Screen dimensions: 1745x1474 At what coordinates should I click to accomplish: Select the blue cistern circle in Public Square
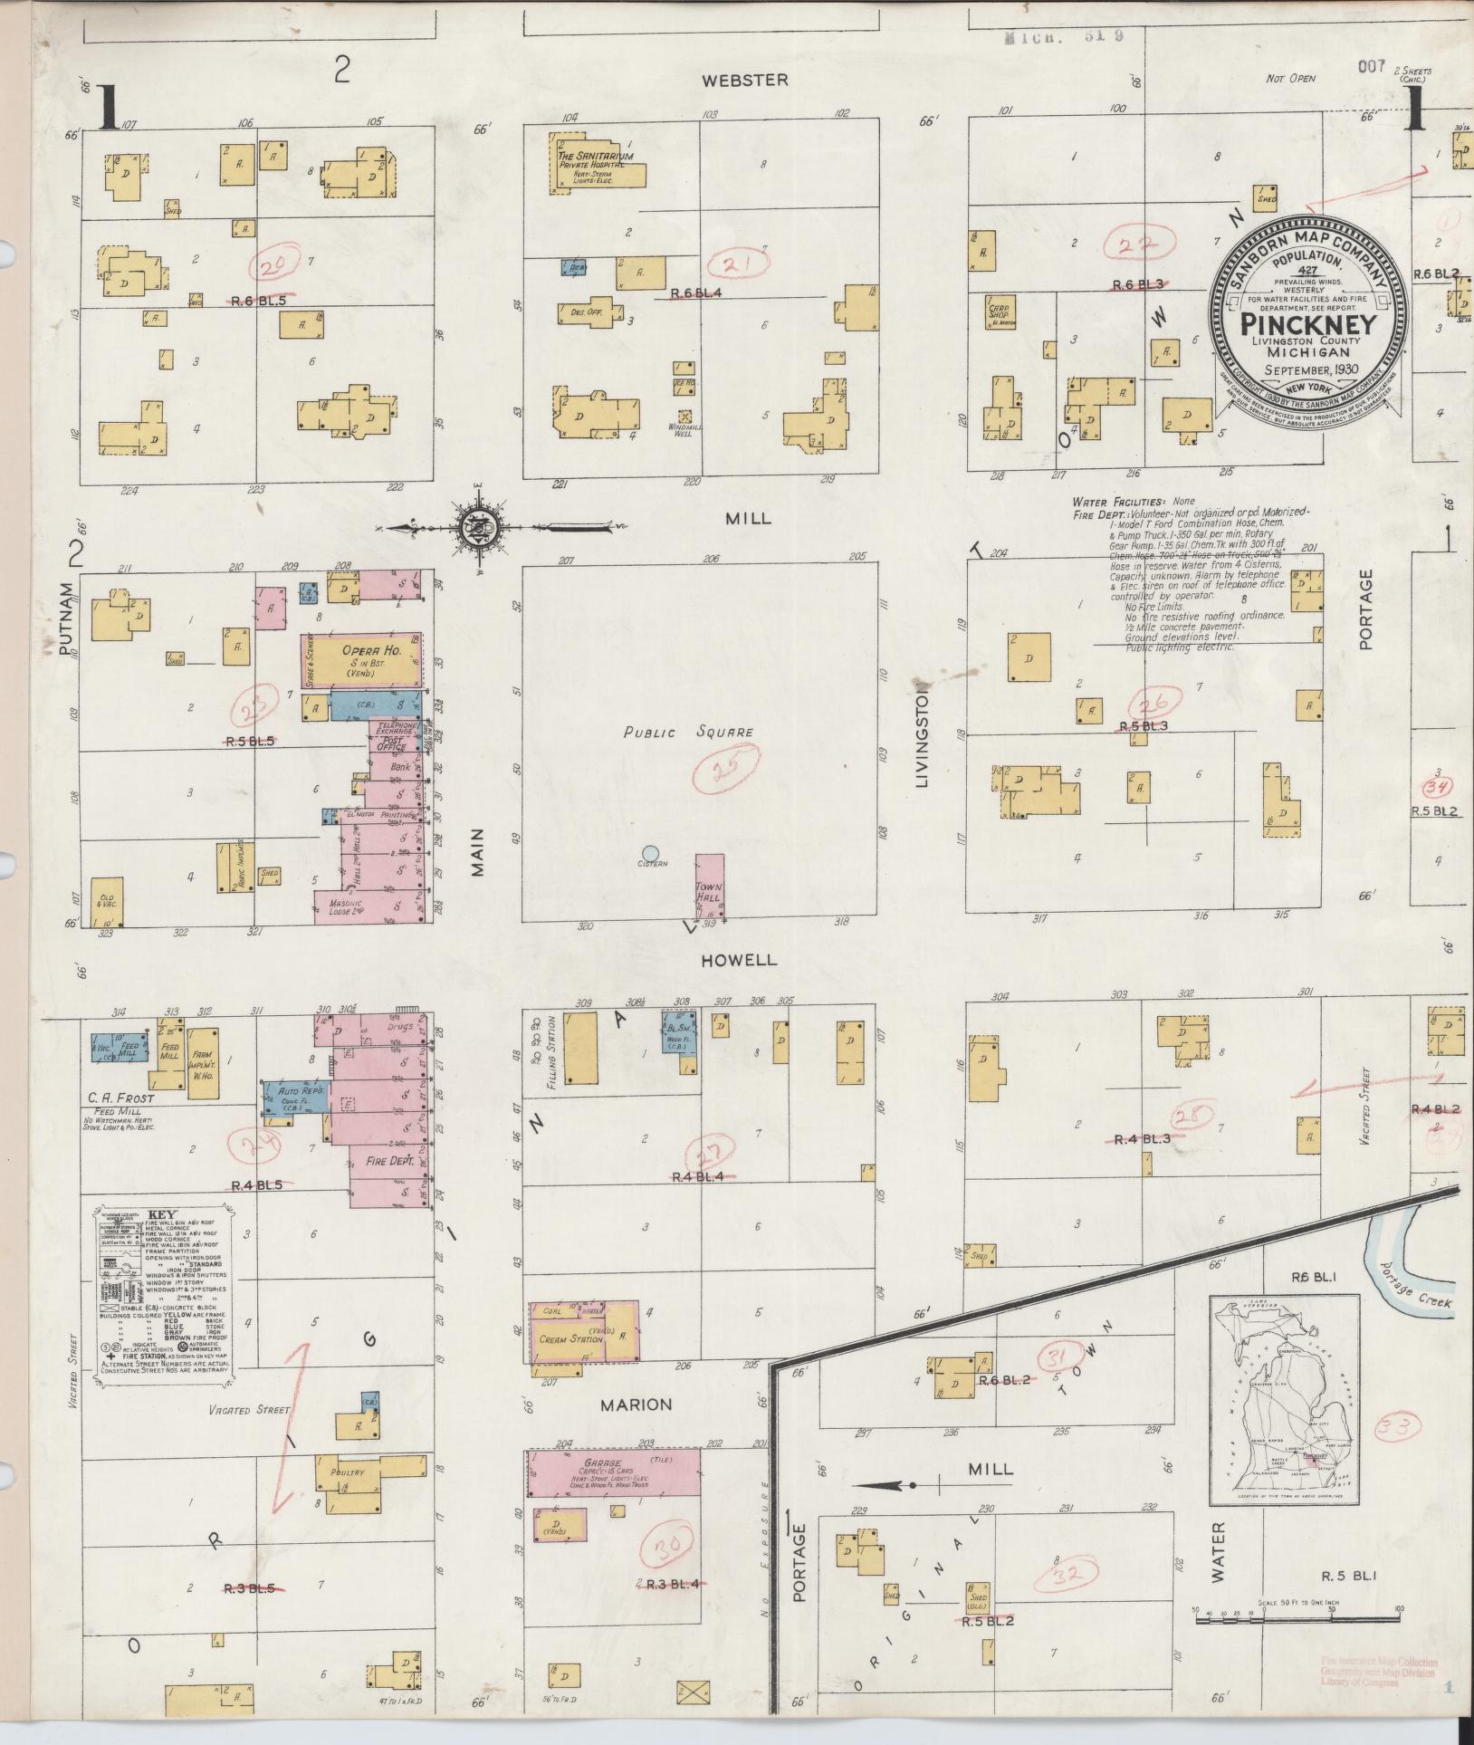pos(650,852)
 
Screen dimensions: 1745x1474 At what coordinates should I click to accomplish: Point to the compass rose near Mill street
pos(478,526)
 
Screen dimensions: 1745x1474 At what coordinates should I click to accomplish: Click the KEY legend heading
pos(164,1215)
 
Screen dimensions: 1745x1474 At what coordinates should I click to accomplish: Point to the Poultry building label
pos(347,1472)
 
